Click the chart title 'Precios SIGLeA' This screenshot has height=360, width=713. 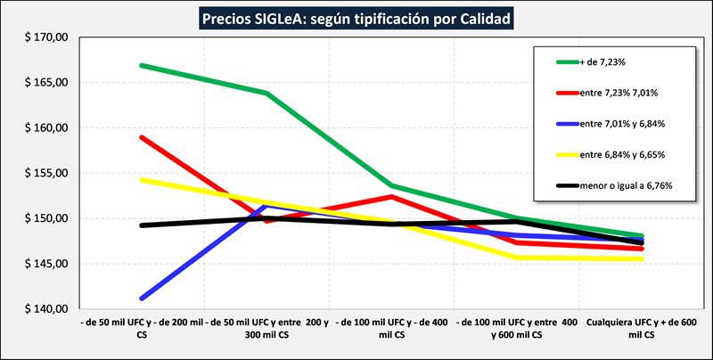click(356, 17)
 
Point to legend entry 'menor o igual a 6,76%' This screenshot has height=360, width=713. click(626, 185)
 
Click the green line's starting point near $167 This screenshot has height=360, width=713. click(142, 65)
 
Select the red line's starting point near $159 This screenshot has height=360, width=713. click(142, 137)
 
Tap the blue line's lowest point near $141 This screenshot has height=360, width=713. click(142, 299)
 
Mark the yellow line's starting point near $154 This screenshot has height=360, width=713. click(142, 180)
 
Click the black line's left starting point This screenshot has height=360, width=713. click(142, 225)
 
